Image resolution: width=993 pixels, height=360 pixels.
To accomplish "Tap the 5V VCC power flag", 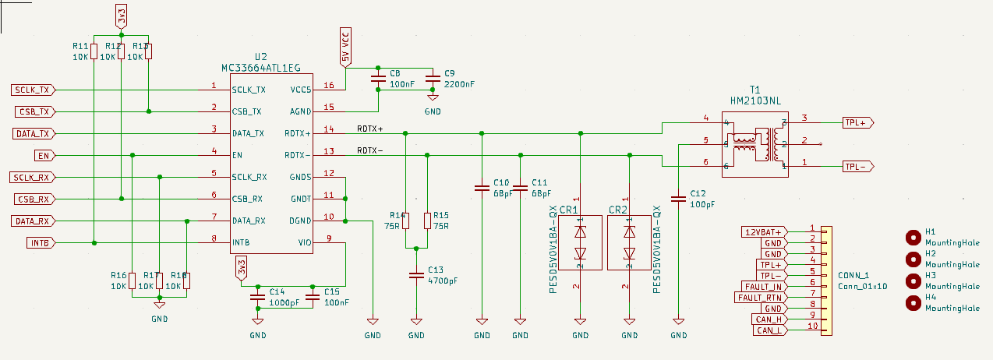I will click(346, 46).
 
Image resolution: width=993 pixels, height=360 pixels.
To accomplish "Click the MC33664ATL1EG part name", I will click(261, 69).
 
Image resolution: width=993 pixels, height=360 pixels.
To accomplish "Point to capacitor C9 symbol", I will click(433, 79).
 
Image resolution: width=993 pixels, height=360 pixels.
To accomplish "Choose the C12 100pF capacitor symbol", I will click(678, 199).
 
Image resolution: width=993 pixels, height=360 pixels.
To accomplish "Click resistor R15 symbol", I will click(426, 221).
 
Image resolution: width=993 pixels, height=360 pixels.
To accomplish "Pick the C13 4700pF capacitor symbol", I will click(416, 275).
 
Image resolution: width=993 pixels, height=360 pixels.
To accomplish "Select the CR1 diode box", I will click(580, 242).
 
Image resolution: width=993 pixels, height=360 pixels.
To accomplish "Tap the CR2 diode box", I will click(629, 242).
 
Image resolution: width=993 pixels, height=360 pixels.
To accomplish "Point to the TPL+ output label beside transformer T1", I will click(858, 122).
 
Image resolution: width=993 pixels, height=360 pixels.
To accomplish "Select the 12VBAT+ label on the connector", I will click(765, 231).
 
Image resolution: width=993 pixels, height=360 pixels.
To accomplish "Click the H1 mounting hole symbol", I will click(913, 238).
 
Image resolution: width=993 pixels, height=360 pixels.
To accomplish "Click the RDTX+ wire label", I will click(370, 129).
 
